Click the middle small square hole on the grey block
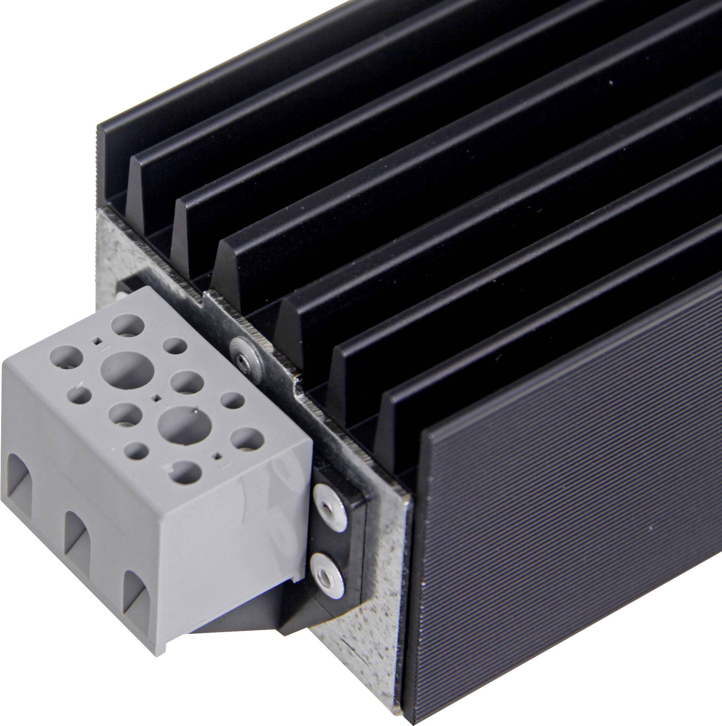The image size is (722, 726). point(156,398)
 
